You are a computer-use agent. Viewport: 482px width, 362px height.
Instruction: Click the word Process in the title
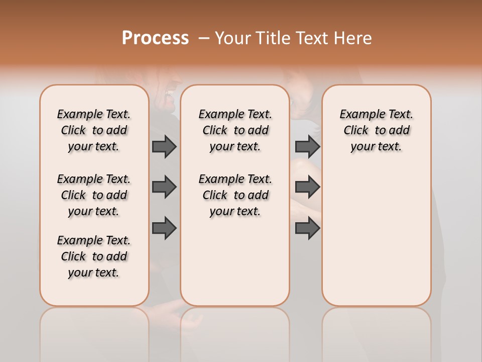pos(155,38)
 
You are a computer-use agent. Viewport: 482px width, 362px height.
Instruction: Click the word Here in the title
pos(353,38)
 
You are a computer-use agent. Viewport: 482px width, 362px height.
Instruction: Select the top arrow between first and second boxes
pos(164,146)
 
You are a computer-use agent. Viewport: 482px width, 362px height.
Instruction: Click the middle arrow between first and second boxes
pos(164,187)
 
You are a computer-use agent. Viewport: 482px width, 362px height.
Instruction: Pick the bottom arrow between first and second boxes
pos(164,228)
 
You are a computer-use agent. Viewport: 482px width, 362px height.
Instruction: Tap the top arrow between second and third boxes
pos(307,146)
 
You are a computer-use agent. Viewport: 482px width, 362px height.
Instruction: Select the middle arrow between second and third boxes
pos(307,187)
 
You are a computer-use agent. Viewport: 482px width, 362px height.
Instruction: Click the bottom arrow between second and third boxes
pos(307,228)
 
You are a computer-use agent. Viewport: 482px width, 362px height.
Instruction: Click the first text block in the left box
pos(94,130)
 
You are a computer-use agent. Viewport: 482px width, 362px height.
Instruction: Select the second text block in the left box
pos(94,195)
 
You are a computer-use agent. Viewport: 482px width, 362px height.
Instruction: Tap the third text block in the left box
pos(94,256)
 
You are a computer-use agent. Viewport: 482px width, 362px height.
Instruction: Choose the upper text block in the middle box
pos(235,130)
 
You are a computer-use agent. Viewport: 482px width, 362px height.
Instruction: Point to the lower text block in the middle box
pos(235,195)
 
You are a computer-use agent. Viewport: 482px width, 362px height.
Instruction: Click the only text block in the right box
pos(376,130)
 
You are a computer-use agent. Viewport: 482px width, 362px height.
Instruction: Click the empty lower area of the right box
pos(376,236)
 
